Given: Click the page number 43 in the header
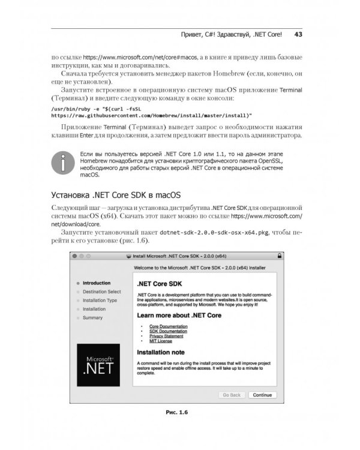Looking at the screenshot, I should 298,34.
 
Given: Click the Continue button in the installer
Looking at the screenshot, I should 262,395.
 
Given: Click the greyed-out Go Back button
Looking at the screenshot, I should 231,395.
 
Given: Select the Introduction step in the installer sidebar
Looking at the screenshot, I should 96,283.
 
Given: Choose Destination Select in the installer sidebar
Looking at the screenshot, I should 101,292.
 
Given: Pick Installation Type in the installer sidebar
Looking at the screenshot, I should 100,300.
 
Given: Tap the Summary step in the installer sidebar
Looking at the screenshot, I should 92,317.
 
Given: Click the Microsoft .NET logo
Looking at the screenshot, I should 95,365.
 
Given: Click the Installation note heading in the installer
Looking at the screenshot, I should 161,352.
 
